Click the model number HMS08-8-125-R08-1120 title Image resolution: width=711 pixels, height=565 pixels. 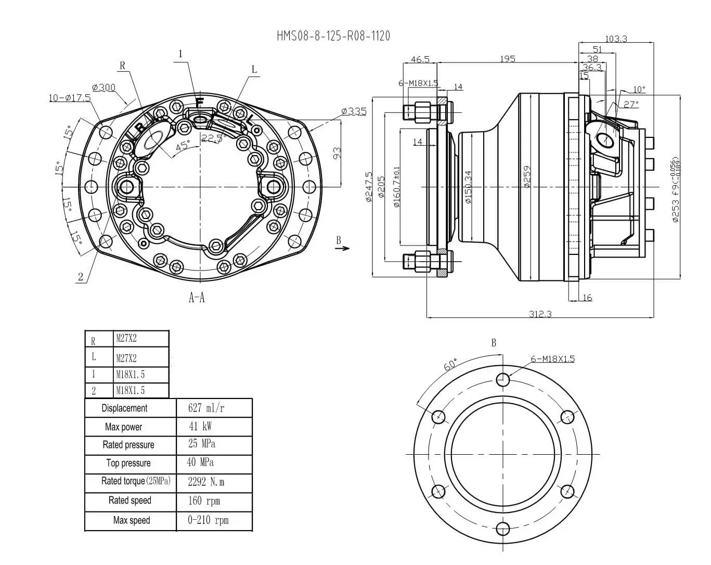tap(333, 36)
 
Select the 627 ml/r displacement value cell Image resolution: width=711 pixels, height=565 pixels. tap(206, 408)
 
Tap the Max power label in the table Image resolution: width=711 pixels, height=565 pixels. tap(123, 427)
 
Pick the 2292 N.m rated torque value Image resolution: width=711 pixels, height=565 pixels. tap(206, 482)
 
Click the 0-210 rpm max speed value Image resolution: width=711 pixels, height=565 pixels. tap(208, 520)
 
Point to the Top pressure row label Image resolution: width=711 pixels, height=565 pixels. tap(128, 463)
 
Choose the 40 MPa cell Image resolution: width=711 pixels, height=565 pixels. tap(200, 463)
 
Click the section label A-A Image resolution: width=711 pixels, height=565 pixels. tap(197, 298)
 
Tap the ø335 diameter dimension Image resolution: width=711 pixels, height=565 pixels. tap(354, 111)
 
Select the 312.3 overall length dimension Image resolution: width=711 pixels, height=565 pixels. tap(540, 314)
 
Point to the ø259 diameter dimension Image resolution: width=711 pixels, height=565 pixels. tap(527, 177)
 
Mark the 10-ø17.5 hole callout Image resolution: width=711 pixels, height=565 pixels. tap(70, 98)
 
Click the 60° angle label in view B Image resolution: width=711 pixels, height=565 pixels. tap(450, 364)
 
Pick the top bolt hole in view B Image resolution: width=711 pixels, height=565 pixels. tap(502, 379)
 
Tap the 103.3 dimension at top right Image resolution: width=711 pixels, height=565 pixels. tap(616, 38)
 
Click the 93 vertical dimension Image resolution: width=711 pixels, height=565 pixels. tap(337, 153)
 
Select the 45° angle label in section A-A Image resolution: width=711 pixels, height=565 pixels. tap(182, 146)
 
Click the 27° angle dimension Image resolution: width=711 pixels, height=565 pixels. tap(631, 105)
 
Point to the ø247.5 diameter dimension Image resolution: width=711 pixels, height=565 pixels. tap(369, 186)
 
